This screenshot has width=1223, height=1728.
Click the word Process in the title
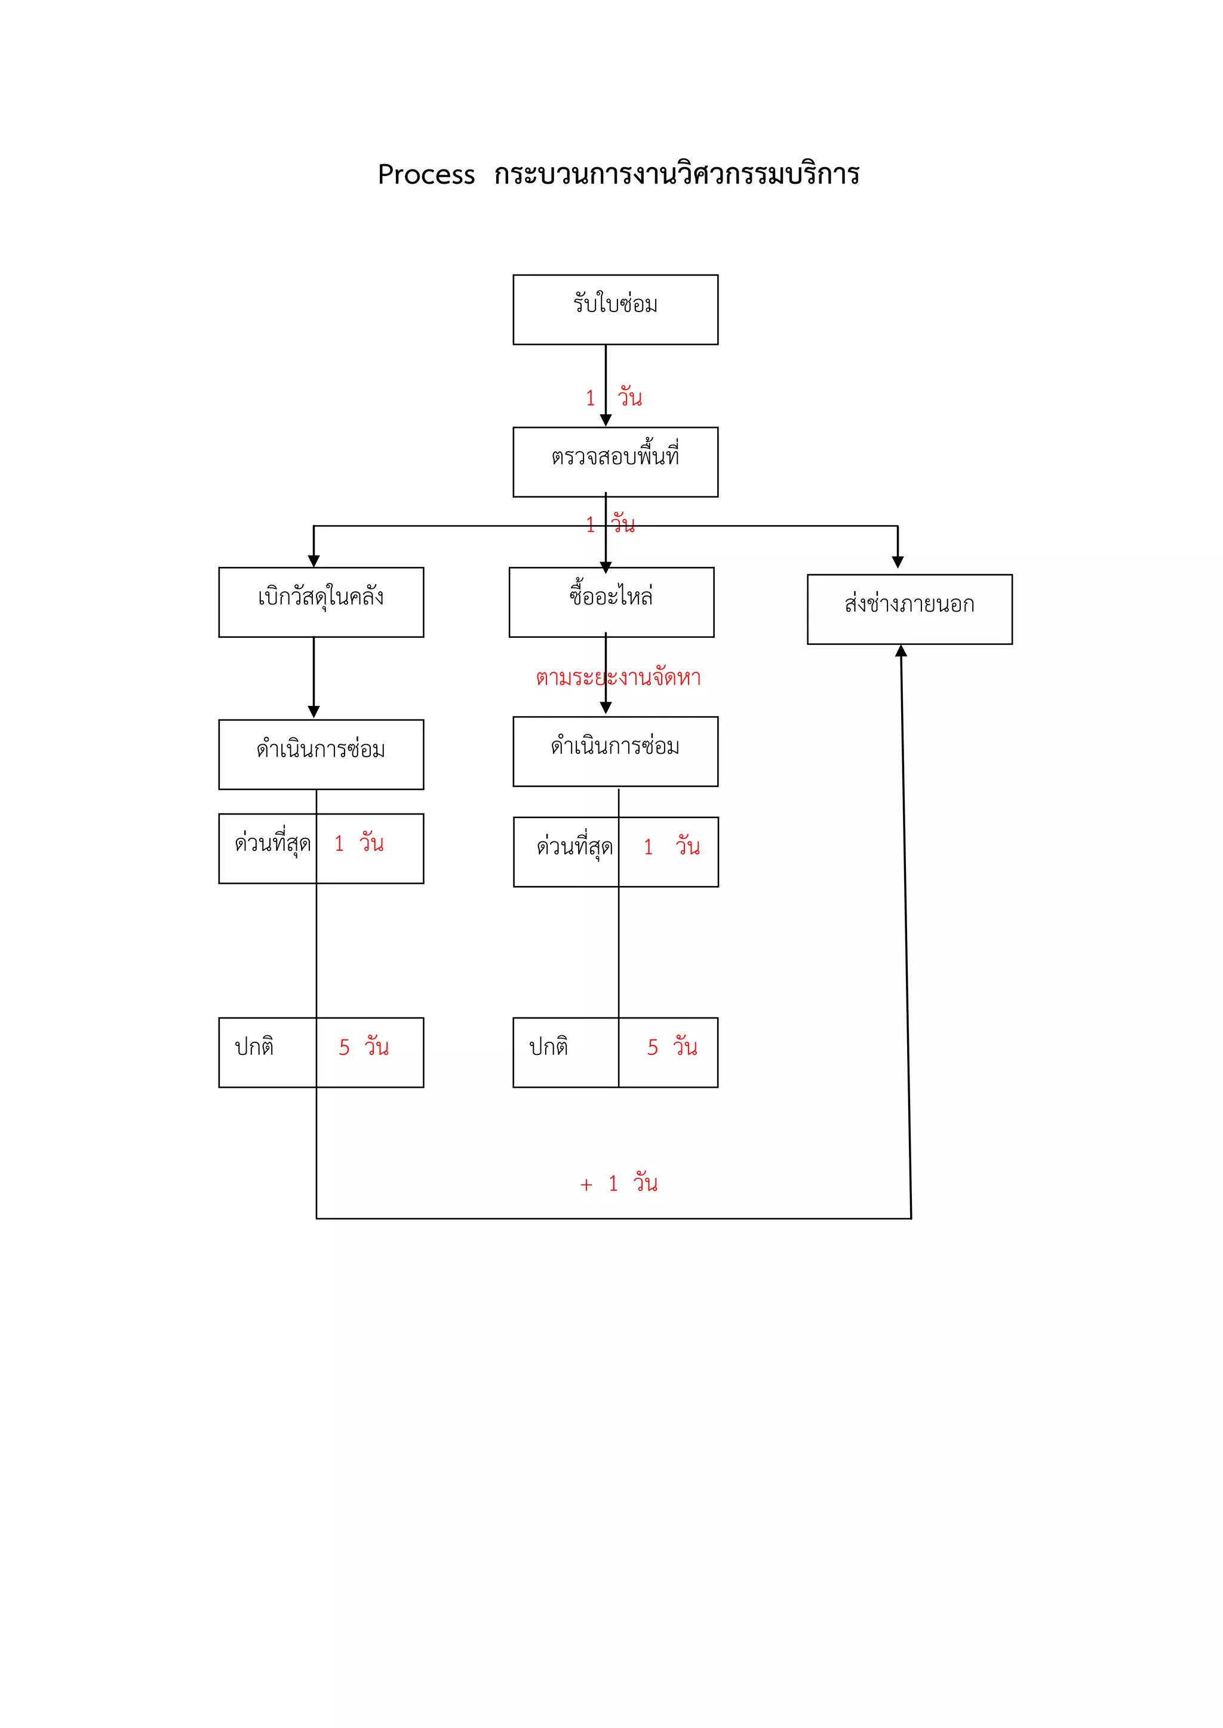pyautogui.click(x=426, y=175)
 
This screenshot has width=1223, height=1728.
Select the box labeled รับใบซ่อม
pyautogui.click(x=615, y=309)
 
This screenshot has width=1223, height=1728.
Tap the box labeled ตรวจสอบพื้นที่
pyautogui.click(x=615, y=461)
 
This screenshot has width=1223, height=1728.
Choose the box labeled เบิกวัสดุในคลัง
pyautogui.click(x=321, y=602)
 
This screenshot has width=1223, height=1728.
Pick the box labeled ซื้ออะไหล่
pyautogui.click(x=611, y=602)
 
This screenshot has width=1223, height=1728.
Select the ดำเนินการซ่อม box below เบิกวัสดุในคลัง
pyautogui.click(x=321, y=754)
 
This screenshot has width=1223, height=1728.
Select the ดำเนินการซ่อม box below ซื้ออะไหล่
pyautogui.click(x=615, y=751)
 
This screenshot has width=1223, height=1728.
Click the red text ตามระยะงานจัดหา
pyautogui.click(x=618, y=677)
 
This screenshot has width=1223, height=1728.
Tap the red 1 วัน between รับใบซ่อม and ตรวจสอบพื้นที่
pyautogui.click(x=614, y=397)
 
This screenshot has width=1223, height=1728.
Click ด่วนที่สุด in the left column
pyautogui.click(x=273, y=844)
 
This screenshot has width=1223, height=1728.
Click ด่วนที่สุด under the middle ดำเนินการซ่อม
pyautogui.click(x=574, y=847)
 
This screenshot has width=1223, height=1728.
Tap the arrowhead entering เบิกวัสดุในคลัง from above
pyautogui.click(x=314, y=561)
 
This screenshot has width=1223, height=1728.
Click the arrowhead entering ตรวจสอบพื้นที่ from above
pyautogui.click(x=606, y=420)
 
